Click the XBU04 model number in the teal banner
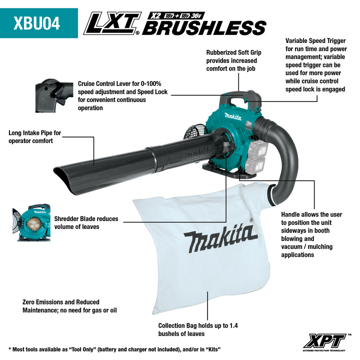[36, 23]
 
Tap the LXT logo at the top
[112, 23]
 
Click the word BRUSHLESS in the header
[204, 27]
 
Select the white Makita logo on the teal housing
[233, 116]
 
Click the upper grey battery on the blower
[259, 149]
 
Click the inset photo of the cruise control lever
[54, 95]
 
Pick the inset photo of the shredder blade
[31, 222]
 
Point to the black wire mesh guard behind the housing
[194, 132]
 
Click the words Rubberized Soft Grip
[233, 52]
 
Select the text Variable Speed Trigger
[315, 41]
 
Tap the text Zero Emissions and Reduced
[61, 302]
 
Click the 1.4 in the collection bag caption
[233, 325]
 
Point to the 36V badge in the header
[196, 15]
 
